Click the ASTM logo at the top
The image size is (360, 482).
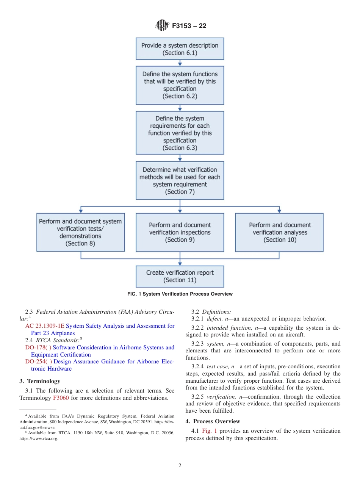[162, 26]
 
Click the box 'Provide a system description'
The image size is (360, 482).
[180, 49]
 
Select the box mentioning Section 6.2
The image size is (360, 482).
[180, 85]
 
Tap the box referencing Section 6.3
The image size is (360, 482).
[180, 133]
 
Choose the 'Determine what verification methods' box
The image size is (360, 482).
[180, 181]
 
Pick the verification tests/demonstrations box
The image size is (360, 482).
[80, 232]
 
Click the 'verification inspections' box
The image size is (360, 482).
[180, 232]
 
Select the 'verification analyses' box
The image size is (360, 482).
[279, 232]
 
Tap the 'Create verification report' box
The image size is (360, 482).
[180, 276]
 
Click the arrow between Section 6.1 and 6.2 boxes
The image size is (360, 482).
[180, 63]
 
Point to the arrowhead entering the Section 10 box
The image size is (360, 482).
[279, 211]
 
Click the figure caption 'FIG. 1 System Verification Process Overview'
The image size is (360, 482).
[180, 294]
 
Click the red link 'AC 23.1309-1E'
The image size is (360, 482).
[45, 326]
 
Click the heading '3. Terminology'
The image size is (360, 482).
[40, 381]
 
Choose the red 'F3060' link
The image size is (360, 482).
[61, 398]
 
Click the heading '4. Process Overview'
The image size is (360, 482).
[213, 421]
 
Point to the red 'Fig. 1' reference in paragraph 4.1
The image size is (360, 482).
[210, 431]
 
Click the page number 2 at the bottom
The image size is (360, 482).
[180, 466]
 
